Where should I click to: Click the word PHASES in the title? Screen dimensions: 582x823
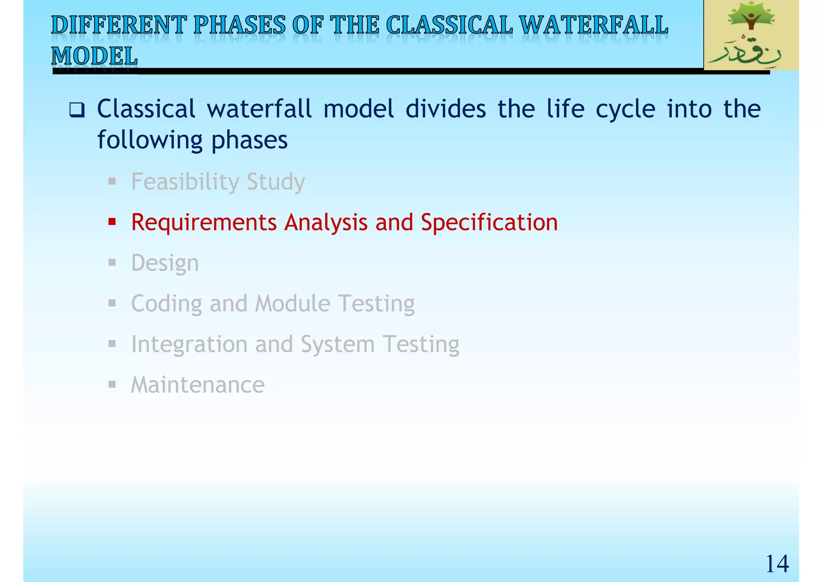(240, 25)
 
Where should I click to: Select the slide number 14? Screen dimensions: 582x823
(777, 564)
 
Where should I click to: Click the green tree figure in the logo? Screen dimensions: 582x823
(751, 18)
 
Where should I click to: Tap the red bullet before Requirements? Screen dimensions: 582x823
(112, 222)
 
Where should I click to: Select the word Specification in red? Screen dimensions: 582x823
(489, 222)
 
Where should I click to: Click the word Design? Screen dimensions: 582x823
(165, 263)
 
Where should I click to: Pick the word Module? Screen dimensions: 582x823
(293, 303)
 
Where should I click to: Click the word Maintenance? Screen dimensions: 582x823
(198, 385)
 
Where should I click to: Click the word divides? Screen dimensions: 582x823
(445, 109)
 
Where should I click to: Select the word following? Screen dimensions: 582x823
(149, 140)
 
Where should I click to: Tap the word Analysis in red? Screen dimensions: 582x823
(326, 222)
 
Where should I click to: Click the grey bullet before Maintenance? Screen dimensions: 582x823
(112, 385)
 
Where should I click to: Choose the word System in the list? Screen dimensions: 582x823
(338, 344)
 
